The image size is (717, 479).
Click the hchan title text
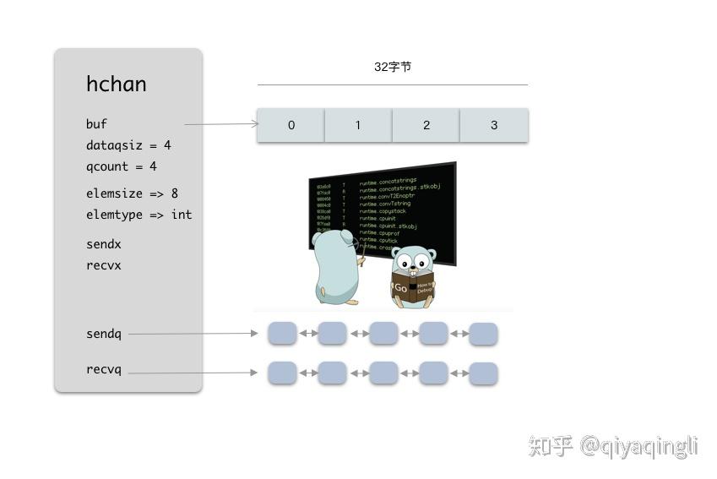(117, 84)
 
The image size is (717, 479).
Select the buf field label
(96, 124)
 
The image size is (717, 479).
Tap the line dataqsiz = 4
(128, 145)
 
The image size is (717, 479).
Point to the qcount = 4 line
(122, 166)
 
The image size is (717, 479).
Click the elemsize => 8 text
(132, 193)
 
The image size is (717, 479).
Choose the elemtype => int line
(139, 215)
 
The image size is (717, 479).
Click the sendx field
(104, 244)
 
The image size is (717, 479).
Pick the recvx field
(104, 265)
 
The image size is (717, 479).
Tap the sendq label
(104, 334)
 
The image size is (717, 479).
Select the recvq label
(104, 369)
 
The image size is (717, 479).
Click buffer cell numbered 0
(291, 125)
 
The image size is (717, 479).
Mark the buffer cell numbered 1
(358, 125)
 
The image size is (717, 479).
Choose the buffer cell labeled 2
(426, 125)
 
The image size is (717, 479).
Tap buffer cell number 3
(494, 125)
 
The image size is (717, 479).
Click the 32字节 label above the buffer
(393, 67)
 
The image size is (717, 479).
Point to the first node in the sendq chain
(282, 333)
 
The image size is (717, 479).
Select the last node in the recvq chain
(483, 373)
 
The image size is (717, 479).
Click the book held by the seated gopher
(413, 285)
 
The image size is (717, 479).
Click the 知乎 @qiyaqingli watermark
(613, 445)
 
